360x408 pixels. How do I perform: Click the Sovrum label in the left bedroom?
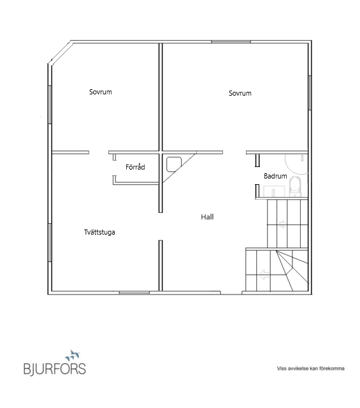pyautogui.click(x=101, y=92)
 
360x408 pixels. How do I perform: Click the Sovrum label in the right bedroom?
pyautogui.click(x=240, y=93)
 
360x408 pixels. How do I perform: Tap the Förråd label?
pyautogui.click(x=135, y=167)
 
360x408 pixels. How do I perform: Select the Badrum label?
pyautogui.click(x=275, y=176)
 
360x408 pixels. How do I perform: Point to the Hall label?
pyautogui.click(x=207, y=217)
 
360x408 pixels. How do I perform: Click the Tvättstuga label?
pyautogui.click(x=99, y=232)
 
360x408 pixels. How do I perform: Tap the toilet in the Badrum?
pyautogui.click(x=296, y=186)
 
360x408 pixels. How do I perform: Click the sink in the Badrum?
pyautogui.click(x=273, y=191)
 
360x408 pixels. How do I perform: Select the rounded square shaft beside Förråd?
pyautogui.click(x=174, y=164)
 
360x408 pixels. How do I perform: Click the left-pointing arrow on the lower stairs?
pyautogui.click(x=264, y=275)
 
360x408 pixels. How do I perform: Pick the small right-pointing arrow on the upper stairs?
pyautogui.click(x=282, y=224)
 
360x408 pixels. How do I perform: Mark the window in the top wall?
pyautogui.click(x=231, y=41)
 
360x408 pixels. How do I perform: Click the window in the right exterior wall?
pyautogui.click(x=310, y=92)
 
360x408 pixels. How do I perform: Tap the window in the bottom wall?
pyautogui.click(x=134, y=293)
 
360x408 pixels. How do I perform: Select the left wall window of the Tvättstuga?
pyautogui.click(x=50, y=242)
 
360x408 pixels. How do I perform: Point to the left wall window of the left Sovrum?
pyautogui.click(x=50, y=105)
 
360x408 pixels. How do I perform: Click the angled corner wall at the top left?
pyautogui.click(x=61, y=53)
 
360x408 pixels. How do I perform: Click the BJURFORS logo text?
pyautogui.click(x=55, y=368)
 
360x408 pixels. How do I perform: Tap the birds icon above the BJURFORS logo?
pyautogui.click(x=73, y=355)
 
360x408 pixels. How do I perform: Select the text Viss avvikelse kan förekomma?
pyautogui.click(x=310, y=368)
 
